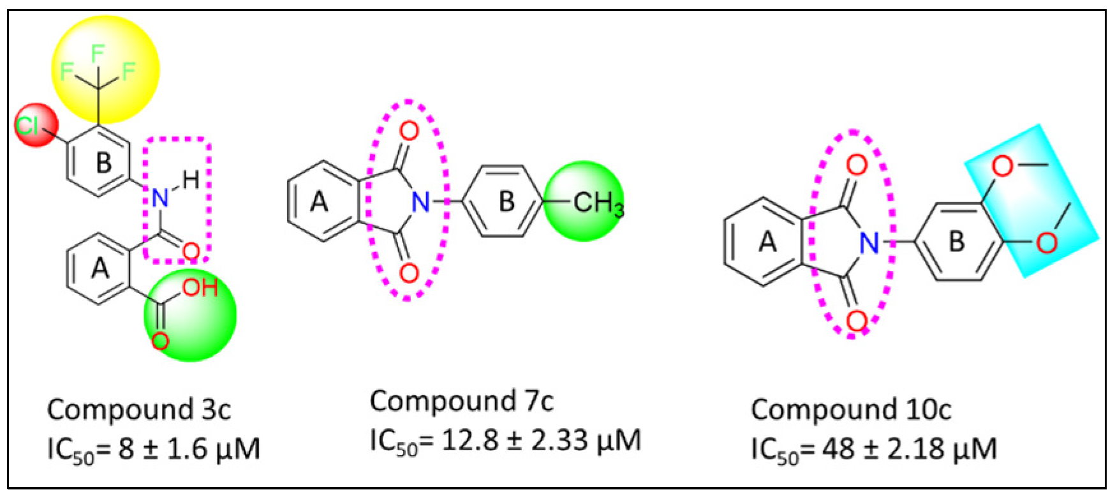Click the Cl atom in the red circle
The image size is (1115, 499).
[x=28, y=125]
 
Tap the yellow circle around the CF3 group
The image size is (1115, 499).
[x=105, y=69]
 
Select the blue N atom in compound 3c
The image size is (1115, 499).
[x=159, y=198]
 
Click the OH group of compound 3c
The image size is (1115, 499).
[x=200, y=288]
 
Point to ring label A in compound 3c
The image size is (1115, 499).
[x=100, y=269]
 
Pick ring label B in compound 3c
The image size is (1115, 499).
[x=103, y=163]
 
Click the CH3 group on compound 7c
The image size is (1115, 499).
[x=598, y=204]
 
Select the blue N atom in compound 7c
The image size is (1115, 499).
[x=421, y=202]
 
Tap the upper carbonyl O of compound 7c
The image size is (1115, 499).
[x=409, y=131]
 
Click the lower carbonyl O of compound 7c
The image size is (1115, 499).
[x=408, y=274]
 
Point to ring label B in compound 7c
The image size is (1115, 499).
[x=506, y=202]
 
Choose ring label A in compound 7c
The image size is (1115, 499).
[x=319, y=202]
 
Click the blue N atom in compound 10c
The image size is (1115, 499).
[x=868, y=242]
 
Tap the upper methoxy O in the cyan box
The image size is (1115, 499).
[x=1002, y=167]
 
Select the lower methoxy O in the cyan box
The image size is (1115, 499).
[x=1047, y=242]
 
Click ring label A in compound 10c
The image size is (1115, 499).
[x=767, y=242]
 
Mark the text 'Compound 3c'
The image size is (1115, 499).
[x=139, y=410]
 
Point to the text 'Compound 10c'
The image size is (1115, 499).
[x=851, y=410]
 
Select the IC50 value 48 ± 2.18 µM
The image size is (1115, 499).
[x=873, y=449]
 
